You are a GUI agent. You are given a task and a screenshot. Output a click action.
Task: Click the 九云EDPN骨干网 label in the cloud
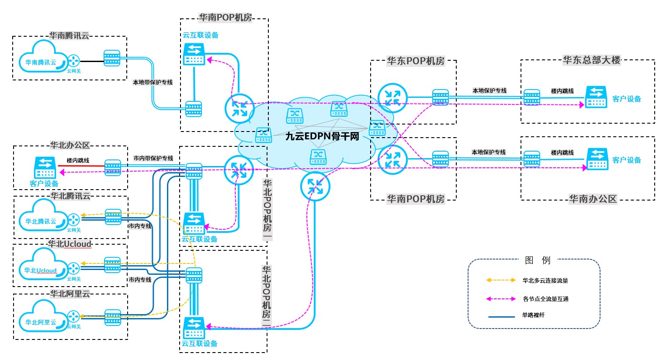[322, 137]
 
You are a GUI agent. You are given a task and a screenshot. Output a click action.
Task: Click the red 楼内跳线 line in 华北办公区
[81, 166]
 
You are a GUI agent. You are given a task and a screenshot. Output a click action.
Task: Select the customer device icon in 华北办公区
[45, 167]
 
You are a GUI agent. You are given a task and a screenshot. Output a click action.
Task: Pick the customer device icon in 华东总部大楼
[596, 97]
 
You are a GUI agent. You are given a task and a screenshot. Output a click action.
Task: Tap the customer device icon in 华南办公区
[597, 159]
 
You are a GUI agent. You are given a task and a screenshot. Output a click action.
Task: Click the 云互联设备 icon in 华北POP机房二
[194, 328]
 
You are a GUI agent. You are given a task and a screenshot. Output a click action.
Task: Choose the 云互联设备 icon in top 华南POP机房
[194, 54]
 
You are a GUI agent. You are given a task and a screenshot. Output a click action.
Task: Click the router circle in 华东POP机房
[392, 98]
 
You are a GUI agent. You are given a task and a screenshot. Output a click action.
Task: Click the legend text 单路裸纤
[533, 315]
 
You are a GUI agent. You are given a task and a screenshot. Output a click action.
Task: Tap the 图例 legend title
[537, 260]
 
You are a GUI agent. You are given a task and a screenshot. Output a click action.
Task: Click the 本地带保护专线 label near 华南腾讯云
[153, 82]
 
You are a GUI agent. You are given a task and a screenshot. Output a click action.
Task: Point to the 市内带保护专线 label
[153, 158]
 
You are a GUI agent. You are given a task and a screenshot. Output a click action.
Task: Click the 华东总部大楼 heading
[591, 60]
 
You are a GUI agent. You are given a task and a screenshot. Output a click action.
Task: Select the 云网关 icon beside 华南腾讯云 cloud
[73, 60]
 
